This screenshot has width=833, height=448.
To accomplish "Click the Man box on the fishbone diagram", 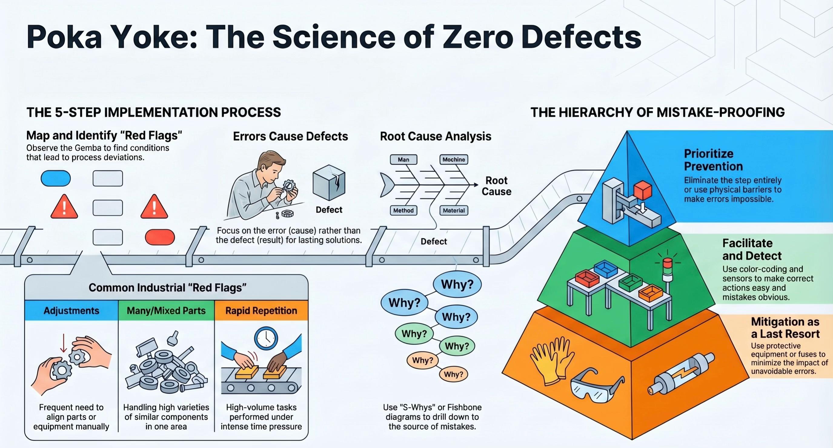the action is (x=403, y=159).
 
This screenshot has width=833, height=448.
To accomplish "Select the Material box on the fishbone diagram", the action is (x=454, y=210).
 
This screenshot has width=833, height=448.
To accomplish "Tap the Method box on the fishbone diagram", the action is (x=403, y=210).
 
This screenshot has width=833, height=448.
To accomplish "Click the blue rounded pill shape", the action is (x=56, y=178).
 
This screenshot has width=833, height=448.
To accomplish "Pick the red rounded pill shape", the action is (x=160, y=237).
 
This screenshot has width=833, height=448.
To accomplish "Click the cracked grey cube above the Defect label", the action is (x=329, y=182).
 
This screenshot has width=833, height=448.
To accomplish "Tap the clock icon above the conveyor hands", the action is (x=266, y=338).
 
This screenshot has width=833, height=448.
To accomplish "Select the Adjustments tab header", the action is (x=71, y=310).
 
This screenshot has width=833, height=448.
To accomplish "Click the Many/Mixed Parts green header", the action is (x=166, y=310).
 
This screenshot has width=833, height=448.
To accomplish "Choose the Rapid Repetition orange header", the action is (x=261, y=310).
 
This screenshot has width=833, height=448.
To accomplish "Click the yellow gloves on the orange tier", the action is (x=551, y=361).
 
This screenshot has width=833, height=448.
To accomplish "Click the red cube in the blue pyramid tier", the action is (x=642, y=191).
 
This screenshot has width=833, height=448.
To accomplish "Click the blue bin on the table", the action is (x=606, y=269).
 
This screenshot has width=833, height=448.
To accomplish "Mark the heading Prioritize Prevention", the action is (x=713, y=160).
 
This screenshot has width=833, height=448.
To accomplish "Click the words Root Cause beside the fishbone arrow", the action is (x=496, y=186).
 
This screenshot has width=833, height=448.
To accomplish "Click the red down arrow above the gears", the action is (x=64, y=343).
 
